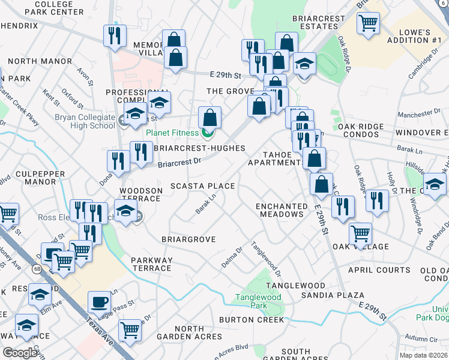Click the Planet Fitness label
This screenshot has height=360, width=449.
(172, 133)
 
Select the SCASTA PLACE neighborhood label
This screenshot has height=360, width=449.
(202, 186)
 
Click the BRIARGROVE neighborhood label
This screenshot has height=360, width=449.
(188, 239)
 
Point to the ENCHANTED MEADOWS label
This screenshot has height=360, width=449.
(279, 210)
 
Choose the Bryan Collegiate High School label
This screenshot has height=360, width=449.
(85, 121)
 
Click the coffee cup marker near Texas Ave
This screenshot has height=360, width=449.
(99, 301)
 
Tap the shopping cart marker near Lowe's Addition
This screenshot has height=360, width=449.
(367, 23)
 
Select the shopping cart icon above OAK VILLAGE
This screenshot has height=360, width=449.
(360, 233)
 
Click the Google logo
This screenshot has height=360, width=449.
(20, 353)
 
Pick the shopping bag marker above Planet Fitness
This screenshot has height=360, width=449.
(209, 116)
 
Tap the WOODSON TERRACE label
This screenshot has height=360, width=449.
(141, 195)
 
